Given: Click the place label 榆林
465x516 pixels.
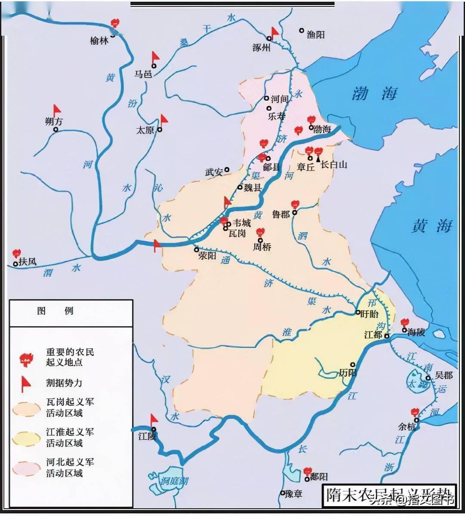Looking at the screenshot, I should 99,41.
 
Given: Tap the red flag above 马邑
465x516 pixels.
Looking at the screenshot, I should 155,58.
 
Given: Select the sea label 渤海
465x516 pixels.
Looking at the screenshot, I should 375,94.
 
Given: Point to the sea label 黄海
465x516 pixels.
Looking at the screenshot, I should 432,226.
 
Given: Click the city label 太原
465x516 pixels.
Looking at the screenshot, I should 145,129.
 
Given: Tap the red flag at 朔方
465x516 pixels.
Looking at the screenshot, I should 57,111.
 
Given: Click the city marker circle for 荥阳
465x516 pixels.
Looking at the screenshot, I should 196,249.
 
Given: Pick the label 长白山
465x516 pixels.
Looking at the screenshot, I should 334,164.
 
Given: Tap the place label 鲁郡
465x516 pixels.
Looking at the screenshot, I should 281,214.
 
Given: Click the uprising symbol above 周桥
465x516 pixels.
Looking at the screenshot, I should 260,233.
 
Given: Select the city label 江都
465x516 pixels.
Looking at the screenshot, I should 373,335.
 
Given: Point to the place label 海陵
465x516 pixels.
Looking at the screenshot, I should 416,332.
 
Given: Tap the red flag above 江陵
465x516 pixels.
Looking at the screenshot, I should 153,420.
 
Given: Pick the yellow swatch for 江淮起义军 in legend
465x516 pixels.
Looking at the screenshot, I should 27,437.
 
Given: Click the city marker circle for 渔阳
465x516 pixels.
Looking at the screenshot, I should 301,31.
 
